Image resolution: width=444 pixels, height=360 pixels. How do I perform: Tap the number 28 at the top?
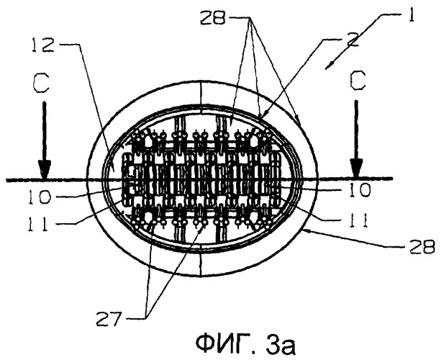point(213,18)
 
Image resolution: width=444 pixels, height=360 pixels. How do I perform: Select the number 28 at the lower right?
point(420,246)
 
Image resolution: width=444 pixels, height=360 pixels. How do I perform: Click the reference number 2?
point(351,41)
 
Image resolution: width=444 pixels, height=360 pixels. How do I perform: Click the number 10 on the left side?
point(39,197)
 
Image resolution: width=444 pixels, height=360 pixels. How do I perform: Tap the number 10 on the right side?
point(359,189)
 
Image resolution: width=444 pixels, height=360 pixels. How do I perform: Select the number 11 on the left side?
point(37,224)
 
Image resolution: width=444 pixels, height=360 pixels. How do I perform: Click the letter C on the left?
point(42,82)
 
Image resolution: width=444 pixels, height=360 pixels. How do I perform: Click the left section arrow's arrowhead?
point(45,168)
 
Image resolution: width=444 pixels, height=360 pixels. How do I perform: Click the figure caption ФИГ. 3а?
point(245,344)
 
